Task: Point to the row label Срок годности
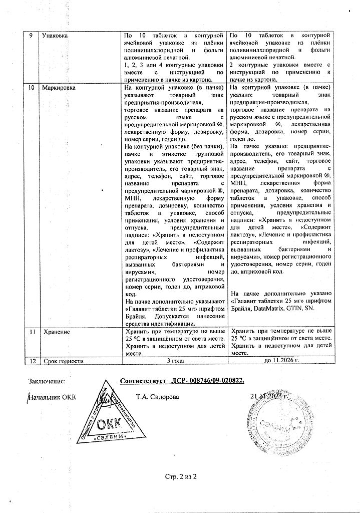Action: pos(63,360)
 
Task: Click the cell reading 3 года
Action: pos(175,360)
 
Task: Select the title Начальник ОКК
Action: pos(54,398)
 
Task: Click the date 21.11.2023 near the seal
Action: pos(269,397)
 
